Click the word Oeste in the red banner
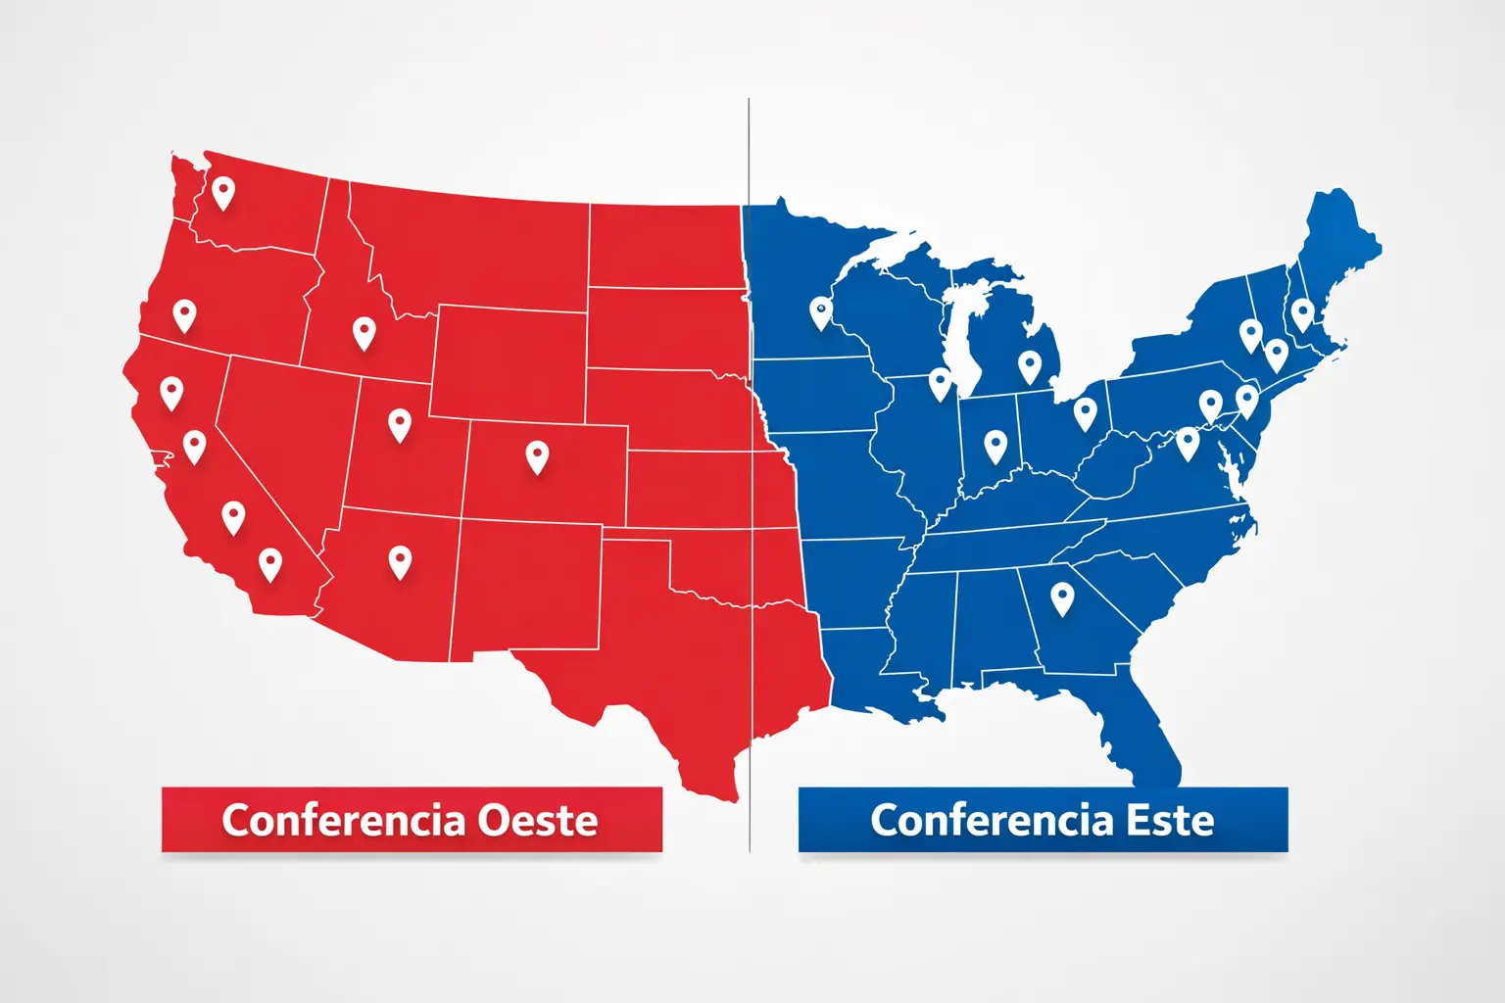point(537,820)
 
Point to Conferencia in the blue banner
point(992,820)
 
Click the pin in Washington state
point(223,192)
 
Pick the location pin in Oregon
point(184,315)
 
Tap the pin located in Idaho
point(364,333)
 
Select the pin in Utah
point(399,424)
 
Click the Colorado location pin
point(537,456)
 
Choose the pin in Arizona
point(400,561)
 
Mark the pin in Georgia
point(1062,597)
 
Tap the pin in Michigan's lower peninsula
point(1029,366)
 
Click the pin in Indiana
point(995,446)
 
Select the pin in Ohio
point(1085,412)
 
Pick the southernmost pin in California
point(270,563)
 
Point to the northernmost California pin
point(171,392)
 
